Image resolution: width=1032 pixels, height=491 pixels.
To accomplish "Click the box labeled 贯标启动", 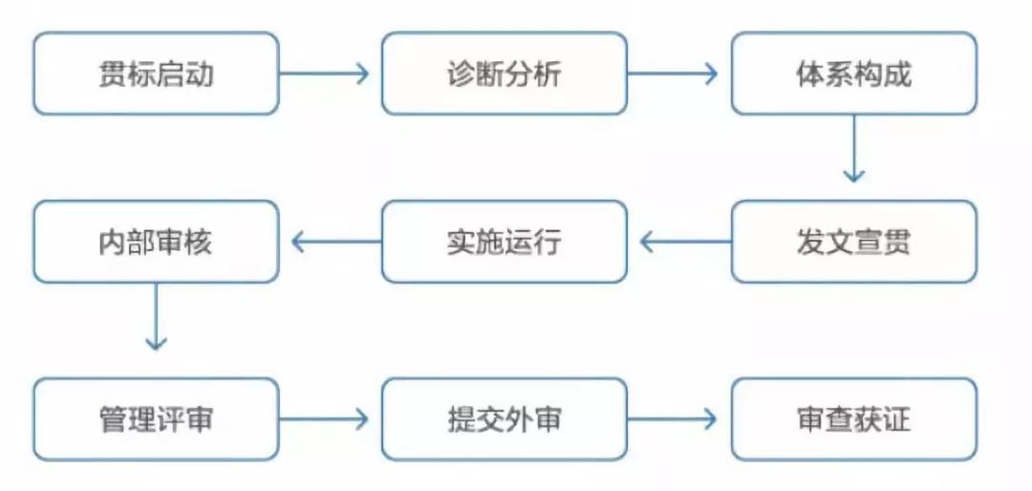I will (x=156, y=74).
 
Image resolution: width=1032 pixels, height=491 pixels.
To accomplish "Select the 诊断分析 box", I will (x=505, y=74).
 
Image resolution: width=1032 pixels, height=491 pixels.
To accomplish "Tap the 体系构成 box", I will (x=853, y=74).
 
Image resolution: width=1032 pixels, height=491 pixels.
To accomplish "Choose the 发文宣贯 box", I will (x=853, y=242).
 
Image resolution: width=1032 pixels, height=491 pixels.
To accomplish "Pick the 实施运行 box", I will (x=505, y=242).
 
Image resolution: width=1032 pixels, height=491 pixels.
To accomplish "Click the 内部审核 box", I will (x=156, y=242).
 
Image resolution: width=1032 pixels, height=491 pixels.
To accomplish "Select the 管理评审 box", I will (x=156, y=418).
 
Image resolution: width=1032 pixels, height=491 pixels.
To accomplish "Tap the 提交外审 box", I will (x=505, y=418).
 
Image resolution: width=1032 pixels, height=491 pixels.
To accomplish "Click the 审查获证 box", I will (x=853, y=418).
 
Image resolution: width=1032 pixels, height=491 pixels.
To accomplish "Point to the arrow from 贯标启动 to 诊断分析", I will (x=325, y=74).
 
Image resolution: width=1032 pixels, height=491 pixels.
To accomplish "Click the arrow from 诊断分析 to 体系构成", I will (x=674, y=74).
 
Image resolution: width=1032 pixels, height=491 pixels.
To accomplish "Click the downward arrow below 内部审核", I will (x=155, y=318).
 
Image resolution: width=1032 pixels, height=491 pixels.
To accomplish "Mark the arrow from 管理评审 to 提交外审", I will (x=325, y=418).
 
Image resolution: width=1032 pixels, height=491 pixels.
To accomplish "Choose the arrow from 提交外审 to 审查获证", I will (x=674, y=418).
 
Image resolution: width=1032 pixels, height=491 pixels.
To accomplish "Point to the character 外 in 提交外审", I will (x=519, y=419).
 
